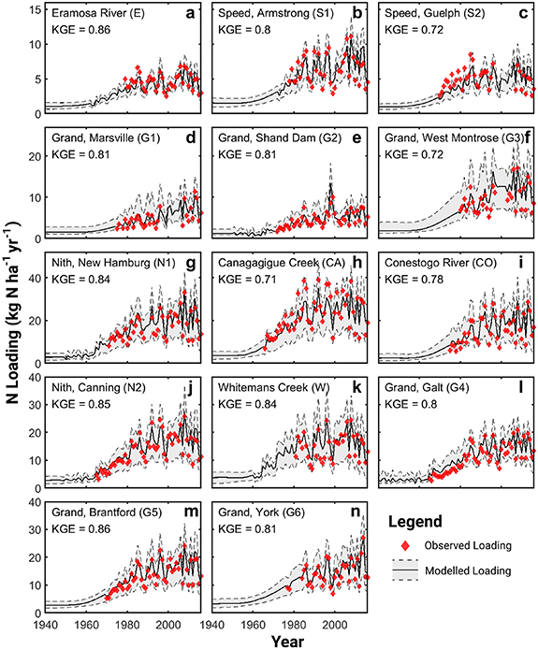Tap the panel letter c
[x=526, y=15]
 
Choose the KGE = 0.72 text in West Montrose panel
[x=410, y=156]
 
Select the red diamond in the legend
[x=405, y=545]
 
